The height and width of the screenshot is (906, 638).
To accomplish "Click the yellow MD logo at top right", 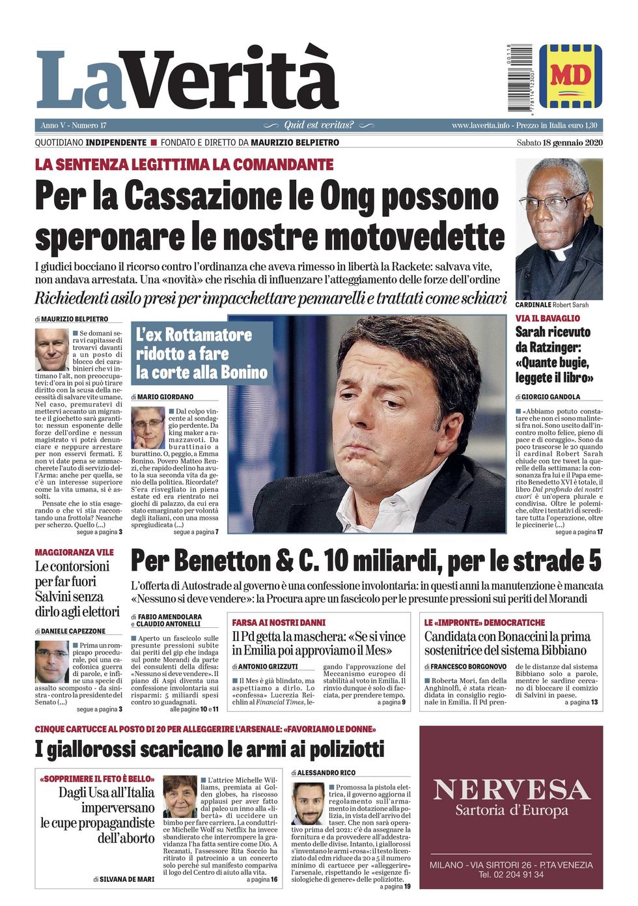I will point(570,76).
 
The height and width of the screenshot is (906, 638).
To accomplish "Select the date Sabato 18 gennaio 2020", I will point(559,143).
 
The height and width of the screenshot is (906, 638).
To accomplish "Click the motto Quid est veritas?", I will point(319,125).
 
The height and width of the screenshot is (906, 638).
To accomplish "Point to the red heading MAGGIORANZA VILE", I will point(74,552).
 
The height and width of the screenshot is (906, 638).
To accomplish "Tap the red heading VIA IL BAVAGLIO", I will point(548,319).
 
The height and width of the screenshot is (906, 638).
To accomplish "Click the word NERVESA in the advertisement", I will point(512,790).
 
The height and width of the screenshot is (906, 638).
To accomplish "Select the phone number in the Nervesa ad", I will point(511,874).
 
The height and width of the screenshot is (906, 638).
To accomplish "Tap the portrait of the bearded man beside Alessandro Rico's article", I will point(308,804).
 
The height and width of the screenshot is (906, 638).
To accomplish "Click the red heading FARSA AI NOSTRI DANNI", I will point(279,623).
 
